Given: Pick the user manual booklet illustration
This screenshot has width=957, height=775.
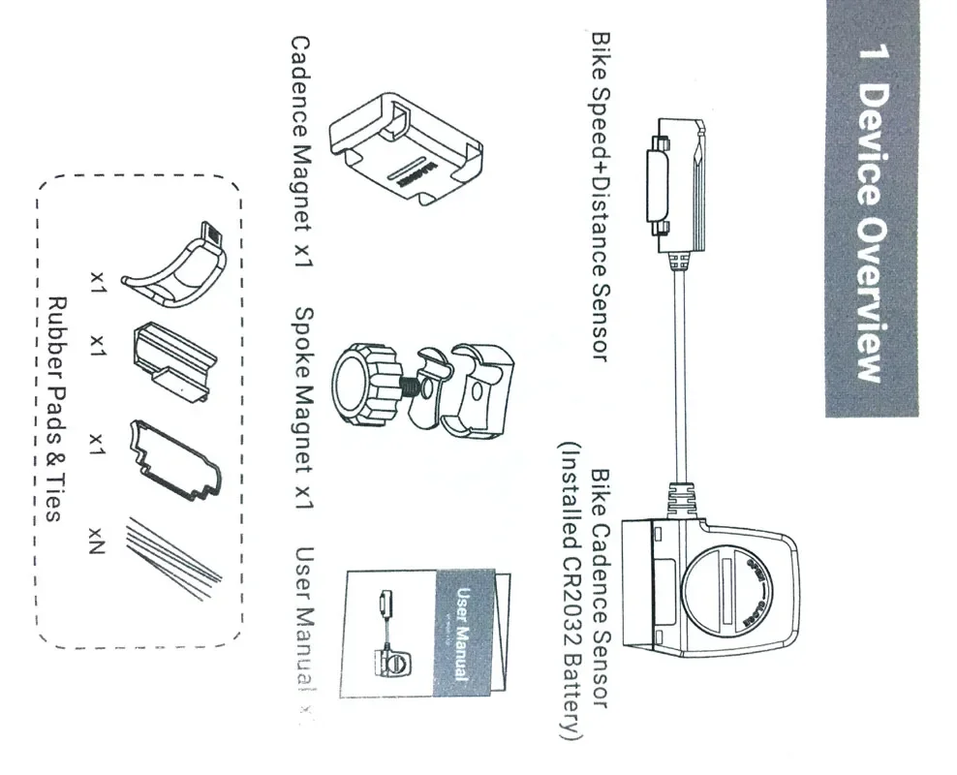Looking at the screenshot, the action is pyautogui.click(x=426, y=630).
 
